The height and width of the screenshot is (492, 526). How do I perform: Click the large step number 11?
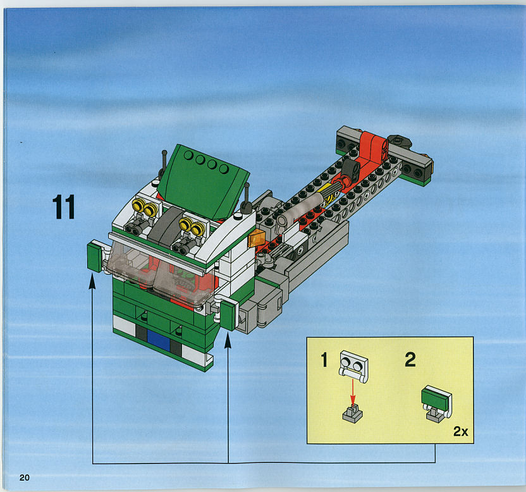point(64,207)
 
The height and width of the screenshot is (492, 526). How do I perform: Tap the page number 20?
point(25,477)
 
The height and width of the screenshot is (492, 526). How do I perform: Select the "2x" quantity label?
point(461,431)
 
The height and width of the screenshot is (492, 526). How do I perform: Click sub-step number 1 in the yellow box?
point(324,360)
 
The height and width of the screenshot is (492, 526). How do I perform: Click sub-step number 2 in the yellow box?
point(410,359)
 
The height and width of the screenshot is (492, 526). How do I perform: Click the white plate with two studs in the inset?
point(354,366)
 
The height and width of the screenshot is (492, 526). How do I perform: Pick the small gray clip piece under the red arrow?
point(353,414)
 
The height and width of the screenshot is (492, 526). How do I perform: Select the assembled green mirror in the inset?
point(436,403)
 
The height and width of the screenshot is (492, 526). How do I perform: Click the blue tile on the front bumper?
point(158,340)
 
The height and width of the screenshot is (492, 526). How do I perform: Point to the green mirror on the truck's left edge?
point(95,257)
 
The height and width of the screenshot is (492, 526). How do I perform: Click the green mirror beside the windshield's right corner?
point(228,315)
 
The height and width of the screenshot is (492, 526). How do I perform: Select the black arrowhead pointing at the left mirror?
point(92,281)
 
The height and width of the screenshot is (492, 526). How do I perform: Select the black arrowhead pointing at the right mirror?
point(228,340)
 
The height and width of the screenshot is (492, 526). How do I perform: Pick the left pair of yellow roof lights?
point(145,207)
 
